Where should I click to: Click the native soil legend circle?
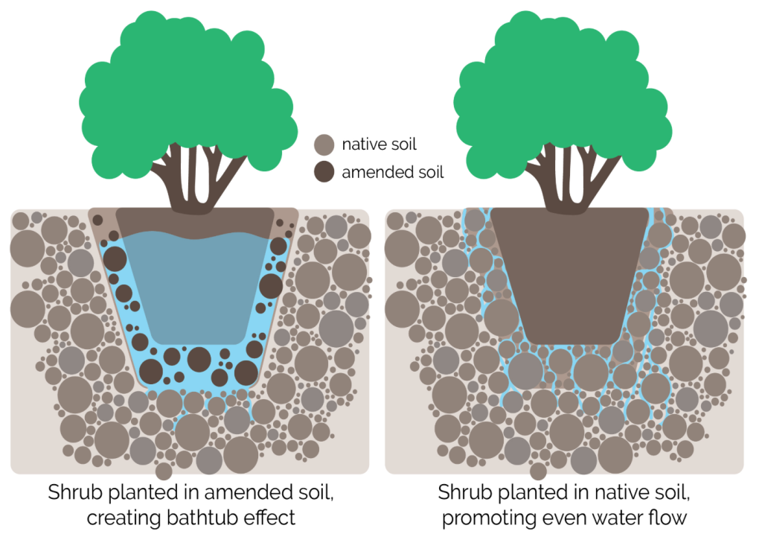coord(324,144)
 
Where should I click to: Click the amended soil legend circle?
coord(324,172)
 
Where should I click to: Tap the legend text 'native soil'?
coord(379,144)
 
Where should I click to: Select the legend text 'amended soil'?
coord(393,172)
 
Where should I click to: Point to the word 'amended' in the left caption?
coord(240,492)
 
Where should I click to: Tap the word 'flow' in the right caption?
coord(669,517)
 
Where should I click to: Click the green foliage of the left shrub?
coord(188,92)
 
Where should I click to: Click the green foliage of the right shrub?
coord(563,92)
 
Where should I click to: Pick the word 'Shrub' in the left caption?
coord(75,492)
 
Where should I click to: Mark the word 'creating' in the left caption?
coord(124,518)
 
